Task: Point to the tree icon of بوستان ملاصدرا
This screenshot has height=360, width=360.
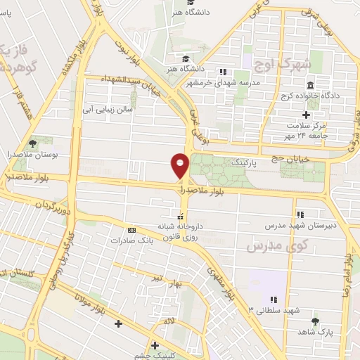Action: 32,143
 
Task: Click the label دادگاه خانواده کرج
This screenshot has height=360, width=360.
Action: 310,96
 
